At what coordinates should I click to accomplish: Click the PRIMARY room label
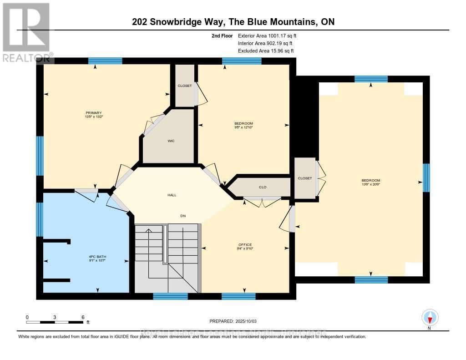[x=93, y=113]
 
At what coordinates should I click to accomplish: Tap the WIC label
[x=171, y=141]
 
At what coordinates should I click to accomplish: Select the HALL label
[x=171, y=195]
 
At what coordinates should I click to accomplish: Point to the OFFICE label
[x=245, y=244]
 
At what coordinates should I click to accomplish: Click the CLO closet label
[x=263, y=187]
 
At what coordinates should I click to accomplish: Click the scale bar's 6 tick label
[x=82, y=317]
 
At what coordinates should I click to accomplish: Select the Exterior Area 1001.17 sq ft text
[x=268, y=35]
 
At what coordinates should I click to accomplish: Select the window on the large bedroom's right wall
[x=426, y=177]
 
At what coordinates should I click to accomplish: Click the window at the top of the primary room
[x=105, y=61]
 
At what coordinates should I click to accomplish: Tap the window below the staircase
[x=170, y=296]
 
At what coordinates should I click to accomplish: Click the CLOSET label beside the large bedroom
[x=305, y=178]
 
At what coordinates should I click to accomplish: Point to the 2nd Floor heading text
[x=223, y=35]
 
